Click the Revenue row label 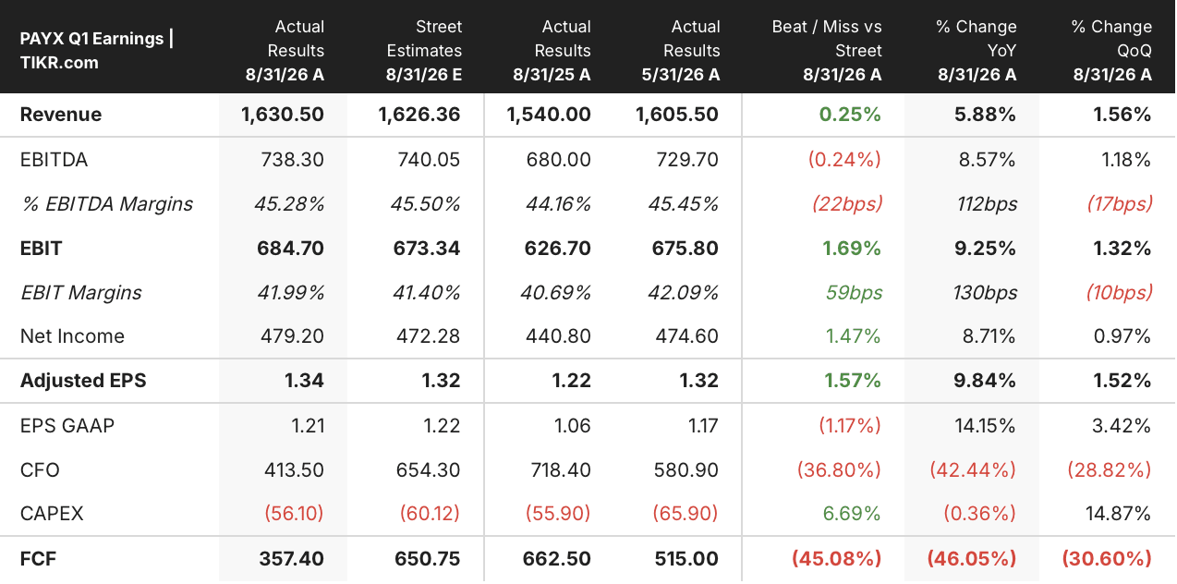[60, 114]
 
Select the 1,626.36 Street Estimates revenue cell [419, 114]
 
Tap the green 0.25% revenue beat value [850, 114]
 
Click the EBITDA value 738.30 [292, 159]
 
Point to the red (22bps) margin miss [847, 203]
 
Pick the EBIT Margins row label [81, 292]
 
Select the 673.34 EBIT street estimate [427, 249]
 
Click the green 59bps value [854, 292]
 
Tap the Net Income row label [72, 335]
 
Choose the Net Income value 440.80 [558, 335]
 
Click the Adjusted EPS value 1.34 [304, 380]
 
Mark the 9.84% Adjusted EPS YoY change [985, 380]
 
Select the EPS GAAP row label [67, 425]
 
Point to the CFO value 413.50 [294, 469]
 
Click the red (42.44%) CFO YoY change [973, 469]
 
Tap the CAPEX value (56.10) [294, 513]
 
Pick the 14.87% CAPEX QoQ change [1118, 513]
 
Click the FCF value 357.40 [291, 558]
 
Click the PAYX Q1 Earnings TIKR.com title [97, 51]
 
